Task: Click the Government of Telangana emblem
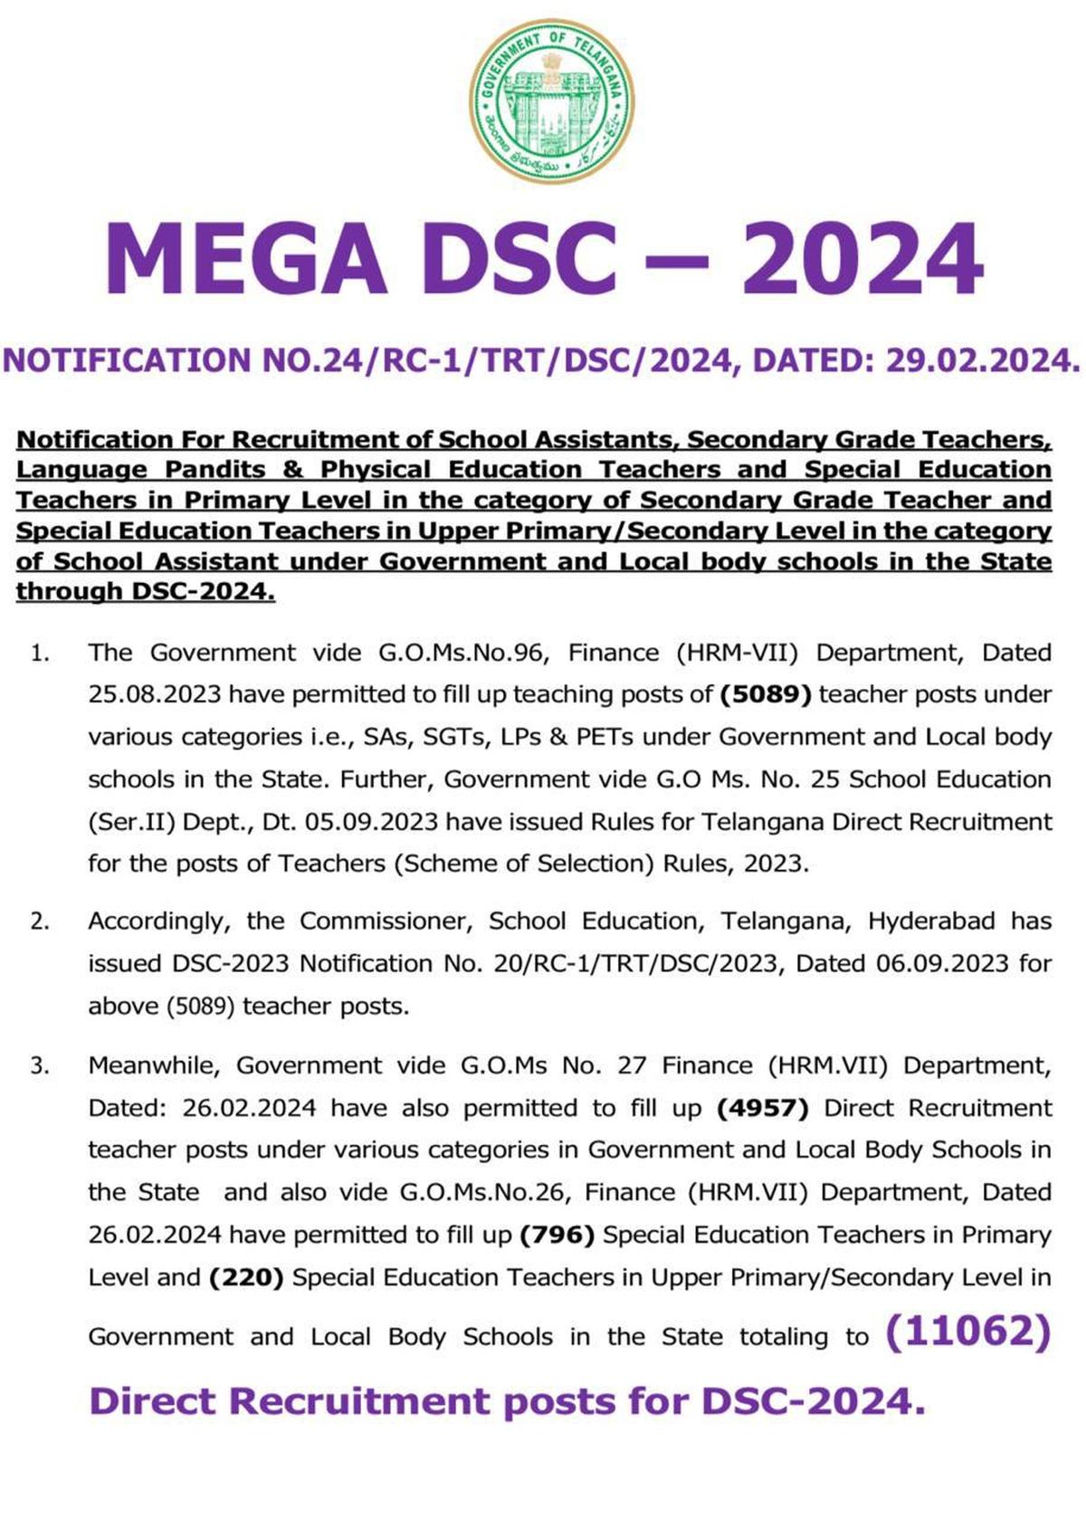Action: coord(551,100)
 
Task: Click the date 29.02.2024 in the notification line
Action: coord(983,360)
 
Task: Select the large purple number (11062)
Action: coord(967,1332)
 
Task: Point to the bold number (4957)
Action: coord(762,1108)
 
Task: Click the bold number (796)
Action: coord(557,1235)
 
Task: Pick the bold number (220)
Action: coord(246,1277)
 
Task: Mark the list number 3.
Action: coord(39,1065)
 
